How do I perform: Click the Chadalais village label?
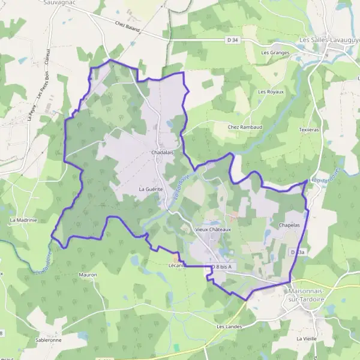click(x=162, y=153)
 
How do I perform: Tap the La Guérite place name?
click(x=151, y=189)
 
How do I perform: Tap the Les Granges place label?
click(x=275, y=53)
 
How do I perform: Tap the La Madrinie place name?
click(x=23, y=220)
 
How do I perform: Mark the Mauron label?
click(x=88, y=275)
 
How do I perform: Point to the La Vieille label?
click(x=306, y=338)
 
